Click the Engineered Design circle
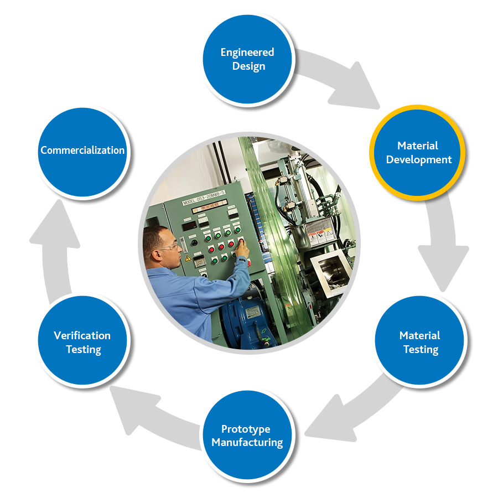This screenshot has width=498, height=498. point(247,59)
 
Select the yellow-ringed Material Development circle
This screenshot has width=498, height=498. point(418,153)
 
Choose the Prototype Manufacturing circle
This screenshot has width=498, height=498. point(247,435)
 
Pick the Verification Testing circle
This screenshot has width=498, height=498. point(82,341)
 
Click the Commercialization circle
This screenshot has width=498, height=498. point(82,151)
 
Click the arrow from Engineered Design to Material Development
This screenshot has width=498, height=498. point(338,77)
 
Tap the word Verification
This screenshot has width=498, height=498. point(82,335)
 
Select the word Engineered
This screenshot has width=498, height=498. point(247,53)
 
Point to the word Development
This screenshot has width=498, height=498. point(419,160)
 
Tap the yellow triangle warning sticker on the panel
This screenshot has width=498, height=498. point(188,258)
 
